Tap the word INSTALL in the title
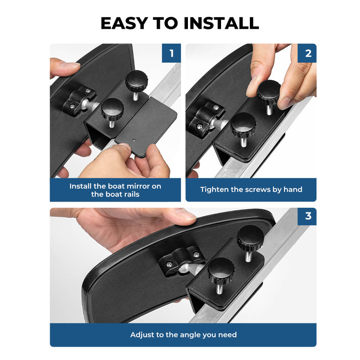coord(221,23)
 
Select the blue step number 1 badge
coord(171,53)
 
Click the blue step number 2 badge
coord(307,53)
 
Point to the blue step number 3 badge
coord(307,216)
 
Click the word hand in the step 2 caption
coord(293,189)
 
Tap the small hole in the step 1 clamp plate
coord(135,140)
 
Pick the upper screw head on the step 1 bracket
coord(88,91)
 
